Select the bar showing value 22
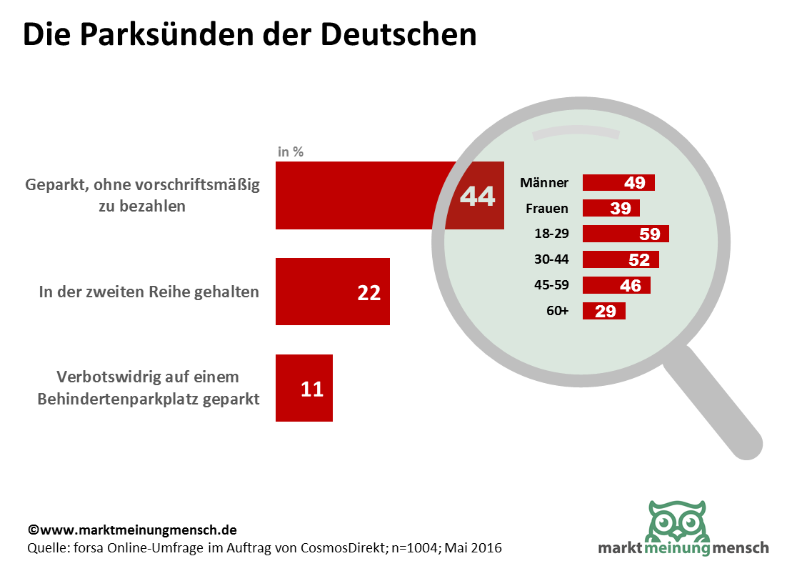coord(332,292)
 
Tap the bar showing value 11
coord(304,388)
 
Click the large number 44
coord(477,196)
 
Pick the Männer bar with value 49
coord(618,182)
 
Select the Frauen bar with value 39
coord(611,208)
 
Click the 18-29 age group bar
coord(626,234)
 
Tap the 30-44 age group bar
coord(621,259)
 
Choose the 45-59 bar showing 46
coord(617,285)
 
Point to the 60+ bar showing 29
coord(604,311)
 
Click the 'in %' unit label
coord(291,152)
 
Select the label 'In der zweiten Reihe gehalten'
coord(149,292)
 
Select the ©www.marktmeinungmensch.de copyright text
coord(132,530)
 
